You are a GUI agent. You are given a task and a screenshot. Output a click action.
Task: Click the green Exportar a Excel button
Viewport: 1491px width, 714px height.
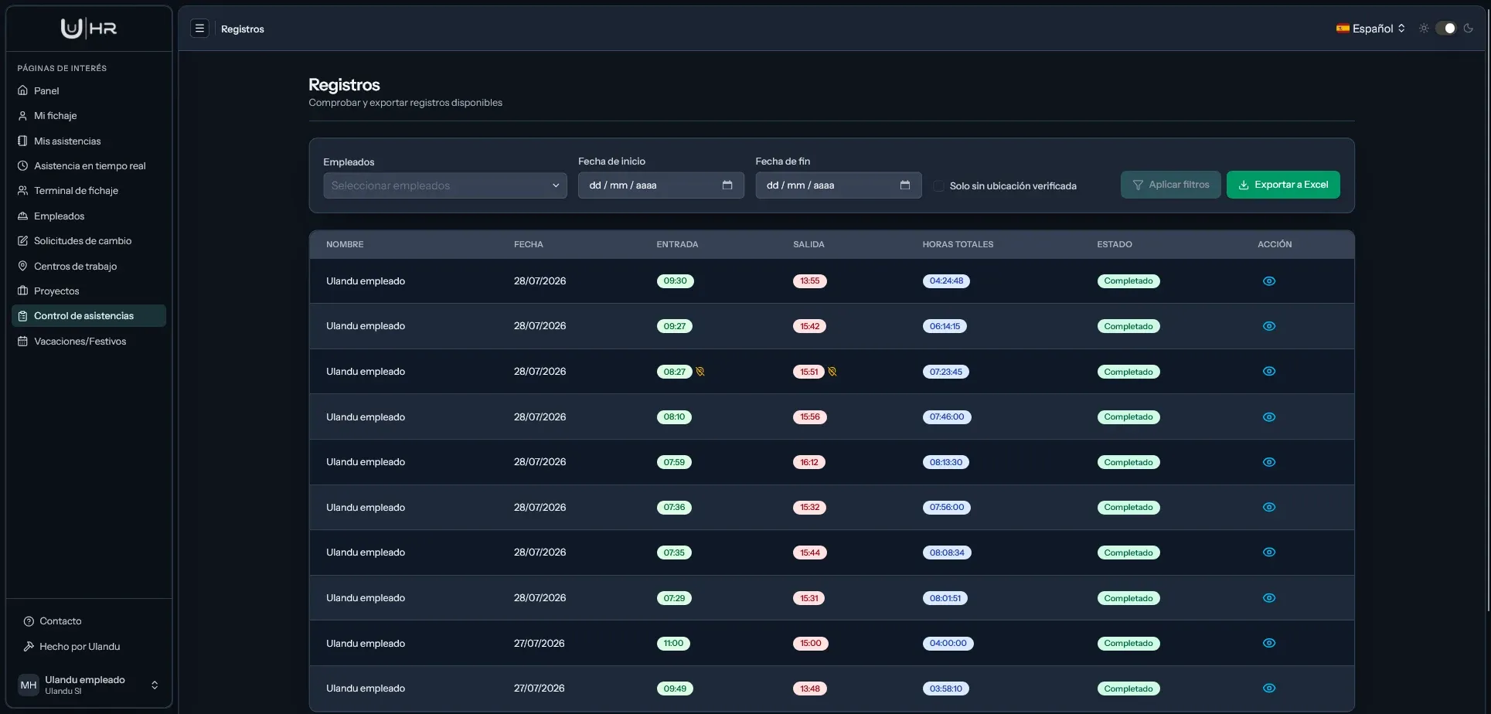1283,185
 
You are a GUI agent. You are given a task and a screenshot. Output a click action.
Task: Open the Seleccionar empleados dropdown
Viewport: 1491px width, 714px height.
444,185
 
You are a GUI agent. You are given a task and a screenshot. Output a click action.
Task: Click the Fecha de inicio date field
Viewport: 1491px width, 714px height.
661,185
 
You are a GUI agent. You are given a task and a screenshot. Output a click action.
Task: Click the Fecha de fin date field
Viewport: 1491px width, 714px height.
839,185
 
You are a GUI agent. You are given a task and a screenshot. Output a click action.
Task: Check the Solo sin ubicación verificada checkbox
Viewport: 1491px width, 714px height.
938,186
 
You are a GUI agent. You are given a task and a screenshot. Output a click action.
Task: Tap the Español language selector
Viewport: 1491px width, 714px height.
1370,29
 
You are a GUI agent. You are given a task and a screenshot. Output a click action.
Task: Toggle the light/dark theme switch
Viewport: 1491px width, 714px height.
1445,29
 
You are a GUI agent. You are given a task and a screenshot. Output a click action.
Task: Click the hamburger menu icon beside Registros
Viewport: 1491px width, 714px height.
199,29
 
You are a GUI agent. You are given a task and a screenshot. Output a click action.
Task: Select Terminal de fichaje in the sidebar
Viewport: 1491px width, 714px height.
76,191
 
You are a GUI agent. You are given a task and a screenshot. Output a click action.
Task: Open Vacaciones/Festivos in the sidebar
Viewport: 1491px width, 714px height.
80,342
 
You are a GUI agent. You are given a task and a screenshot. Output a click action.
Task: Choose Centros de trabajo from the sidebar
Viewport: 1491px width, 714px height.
75,267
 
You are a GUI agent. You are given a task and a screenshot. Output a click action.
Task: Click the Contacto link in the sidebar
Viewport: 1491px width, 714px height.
60,621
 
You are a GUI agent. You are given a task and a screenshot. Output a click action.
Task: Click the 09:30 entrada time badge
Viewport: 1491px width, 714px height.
675,281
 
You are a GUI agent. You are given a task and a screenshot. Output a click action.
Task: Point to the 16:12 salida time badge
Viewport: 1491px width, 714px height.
809,463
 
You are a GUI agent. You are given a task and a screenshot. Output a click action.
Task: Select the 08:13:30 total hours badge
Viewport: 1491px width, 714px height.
946,463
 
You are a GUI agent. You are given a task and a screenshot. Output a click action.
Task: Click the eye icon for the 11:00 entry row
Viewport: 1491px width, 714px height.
1269,643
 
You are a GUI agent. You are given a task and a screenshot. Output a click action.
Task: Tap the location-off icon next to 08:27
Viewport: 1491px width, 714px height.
700,372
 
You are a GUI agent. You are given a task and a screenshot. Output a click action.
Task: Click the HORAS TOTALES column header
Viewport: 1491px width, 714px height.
958,244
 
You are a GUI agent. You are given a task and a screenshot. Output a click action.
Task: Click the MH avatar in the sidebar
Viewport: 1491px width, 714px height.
29,685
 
